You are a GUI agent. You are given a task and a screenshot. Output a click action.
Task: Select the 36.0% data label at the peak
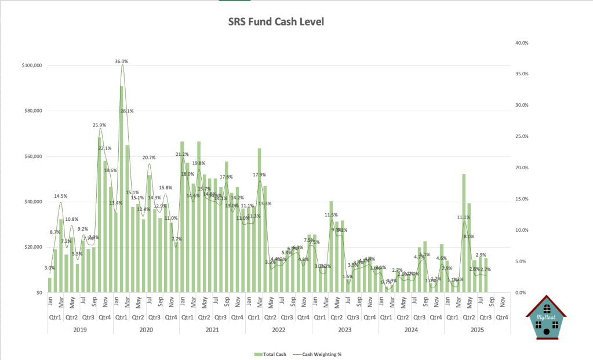point(122,61)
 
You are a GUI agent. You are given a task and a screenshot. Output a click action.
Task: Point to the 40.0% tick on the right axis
point(522,42)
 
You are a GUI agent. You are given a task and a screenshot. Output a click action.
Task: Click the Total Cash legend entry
point(269,353)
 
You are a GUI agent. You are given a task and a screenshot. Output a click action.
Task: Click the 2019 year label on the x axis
point(80,329)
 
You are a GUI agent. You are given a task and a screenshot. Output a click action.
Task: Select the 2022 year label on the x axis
point(279,329)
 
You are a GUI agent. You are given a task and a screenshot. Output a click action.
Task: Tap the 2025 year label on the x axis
point(477,329)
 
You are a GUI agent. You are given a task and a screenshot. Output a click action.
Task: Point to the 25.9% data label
point(99,125)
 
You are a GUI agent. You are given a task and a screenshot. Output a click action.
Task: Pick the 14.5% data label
point(61,196)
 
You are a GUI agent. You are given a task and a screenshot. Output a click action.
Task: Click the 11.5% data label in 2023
point(331,215)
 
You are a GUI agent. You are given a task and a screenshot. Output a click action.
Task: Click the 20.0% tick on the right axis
point(522,168)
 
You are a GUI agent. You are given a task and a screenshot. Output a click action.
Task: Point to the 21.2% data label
point(182,154)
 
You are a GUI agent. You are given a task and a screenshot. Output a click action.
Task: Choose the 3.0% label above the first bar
point(50,268)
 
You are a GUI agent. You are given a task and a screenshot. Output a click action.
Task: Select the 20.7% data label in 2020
point(149,158)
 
